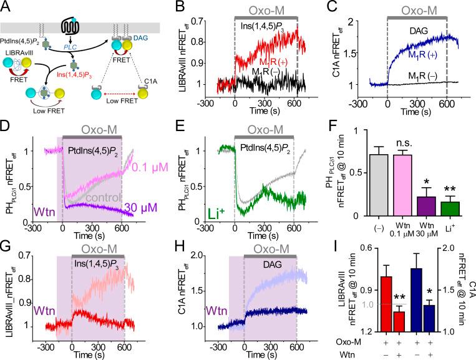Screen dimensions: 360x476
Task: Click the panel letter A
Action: (7, 7)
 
